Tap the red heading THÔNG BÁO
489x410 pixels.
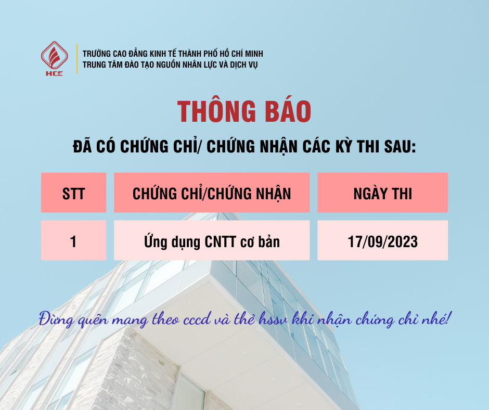click(244, 111)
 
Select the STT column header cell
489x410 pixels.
click(73, 194)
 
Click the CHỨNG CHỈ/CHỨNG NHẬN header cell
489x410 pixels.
click(212, 194)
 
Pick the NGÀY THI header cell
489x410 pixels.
click(382, 194)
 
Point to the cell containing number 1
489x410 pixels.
click(73, 241)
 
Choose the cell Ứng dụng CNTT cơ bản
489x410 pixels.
click(212, 241)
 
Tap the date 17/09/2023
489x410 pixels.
click(382, 241)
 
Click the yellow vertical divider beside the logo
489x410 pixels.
click(77, 58)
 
